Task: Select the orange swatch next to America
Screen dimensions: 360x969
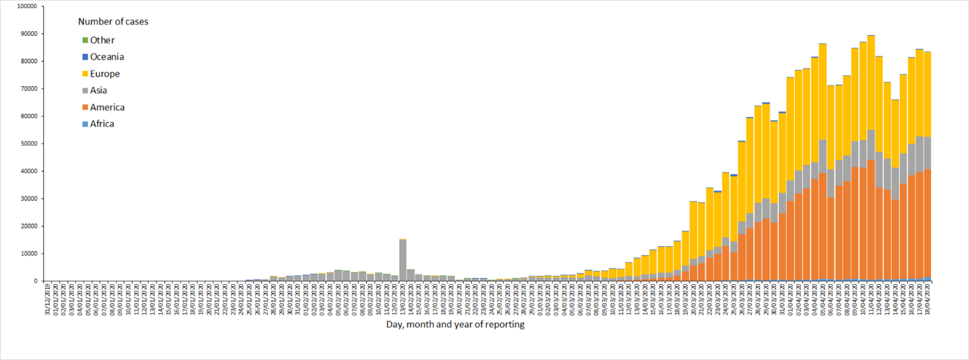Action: click(85, 107)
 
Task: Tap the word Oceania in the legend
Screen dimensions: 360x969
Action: click(106, 57)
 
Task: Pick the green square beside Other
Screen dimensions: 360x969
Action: click(85, 41)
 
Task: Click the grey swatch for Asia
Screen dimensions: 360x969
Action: click(85, 91)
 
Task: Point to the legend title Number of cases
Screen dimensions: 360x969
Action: click(113, 22)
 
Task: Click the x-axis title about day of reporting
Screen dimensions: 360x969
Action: click(455, 325)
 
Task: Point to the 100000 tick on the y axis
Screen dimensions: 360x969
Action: click(26, 6)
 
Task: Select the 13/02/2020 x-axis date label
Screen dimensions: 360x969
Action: click(403, 298)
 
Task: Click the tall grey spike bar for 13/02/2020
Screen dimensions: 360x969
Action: click(403, 261)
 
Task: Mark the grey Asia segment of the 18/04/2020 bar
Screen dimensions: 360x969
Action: click(928, 153)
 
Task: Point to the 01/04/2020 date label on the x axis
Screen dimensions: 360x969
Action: click(790, 298)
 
